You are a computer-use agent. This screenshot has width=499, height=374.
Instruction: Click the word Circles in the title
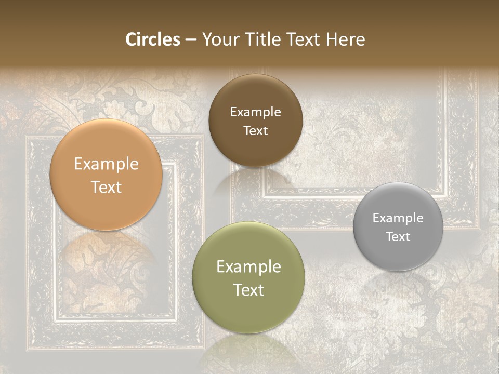pos(152,39)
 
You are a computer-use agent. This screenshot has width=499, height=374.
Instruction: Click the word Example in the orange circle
pos(106,164)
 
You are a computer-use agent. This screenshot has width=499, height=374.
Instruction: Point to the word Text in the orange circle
pos(106,188)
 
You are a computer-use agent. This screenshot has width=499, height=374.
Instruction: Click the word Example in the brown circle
pos(255,112)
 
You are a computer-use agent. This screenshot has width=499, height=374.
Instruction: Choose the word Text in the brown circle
pos(255,131)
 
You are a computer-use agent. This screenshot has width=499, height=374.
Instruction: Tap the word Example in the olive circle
pos(248,267)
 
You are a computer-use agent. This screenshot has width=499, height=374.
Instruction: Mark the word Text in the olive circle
pos(248,290)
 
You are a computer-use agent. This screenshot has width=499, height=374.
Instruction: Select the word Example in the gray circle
pos(398,218)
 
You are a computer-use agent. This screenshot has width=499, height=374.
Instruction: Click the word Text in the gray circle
pos(398,237)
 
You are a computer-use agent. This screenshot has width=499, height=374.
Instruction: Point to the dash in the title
pos(191,40)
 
